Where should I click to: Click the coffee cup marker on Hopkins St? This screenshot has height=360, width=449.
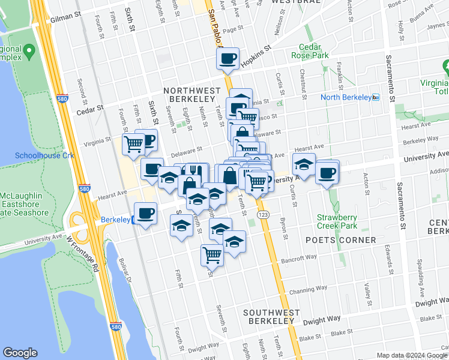(x=228, y=59)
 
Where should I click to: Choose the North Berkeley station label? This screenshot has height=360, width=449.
(x=346, y=97)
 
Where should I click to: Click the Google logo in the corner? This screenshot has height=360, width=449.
(x=20, y=353)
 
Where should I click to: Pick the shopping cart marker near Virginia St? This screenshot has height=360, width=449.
(x=133, y=143)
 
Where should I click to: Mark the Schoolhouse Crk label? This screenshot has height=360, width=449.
(x=36, y=155)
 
